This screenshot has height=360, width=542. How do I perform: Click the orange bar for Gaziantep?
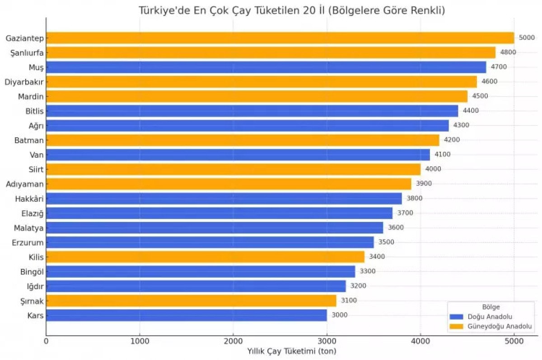pyautogui.click(x=280, y=38)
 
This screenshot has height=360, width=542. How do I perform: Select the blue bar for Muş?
pyautogui.click(x=266, y=67)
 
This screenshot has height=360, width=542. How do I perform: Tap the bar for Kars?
pyautogui.click(x=186, y=315)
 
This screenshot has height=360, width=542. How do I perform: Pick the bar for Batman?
pyautogui.click(x=243, y=140)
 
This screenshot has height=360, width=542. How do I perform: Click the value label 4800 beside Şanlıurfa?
pyautogui.click(x=508, y=52)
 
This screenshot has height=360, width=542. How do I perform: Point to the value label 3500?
pyautogui.click(x=386, y=242)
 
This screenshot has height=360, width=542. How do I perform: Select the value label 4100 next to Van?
pyautogui.click(x=442, y=154)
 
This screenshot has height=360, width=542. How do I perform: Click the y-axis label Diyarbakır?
pyautogui.click(x=24, y=82)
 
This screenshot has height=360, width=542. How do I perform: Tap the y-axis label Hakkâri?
pyautogui.click(x=29, y=198)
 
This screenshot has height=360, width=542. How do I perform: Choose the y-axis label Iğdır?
pyautogui.click(x=35, y=286)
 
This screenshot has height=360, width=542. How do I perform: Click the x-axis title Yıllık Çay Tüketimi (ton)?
pyautogui.click(x=291, y=351)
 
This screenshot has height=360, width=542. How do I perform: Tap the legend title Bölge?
pyautogui.click(x=491, y=307)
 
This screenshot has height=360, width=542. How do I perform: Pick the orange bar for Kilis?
pyautogui.click(x=205, y=257)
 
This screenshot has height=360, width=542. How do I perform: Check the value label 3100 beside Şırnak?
pyautogui.click(x=349, y=300)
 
